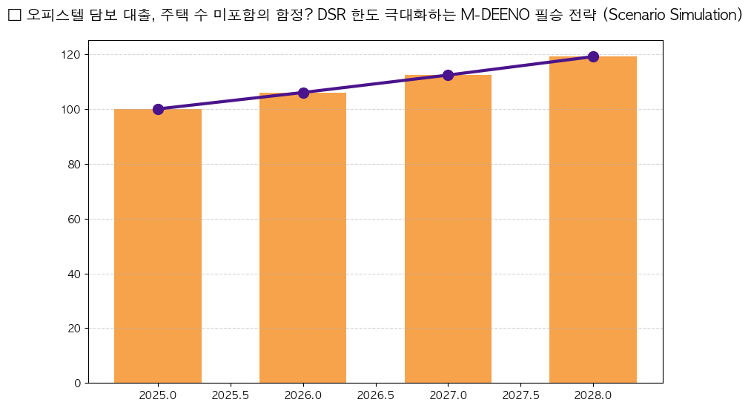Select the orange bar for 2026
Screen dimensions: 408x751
302,238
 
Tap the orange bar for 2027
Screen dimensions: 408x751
448,229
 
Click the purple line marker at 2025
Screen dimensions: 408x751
158,109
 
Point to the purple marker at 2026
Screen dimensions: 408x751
303,93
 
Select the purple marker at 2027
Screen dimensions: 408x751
448,75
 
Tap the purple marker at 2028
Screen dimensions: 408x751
593,56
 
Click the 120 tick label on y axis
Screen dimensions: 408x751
71,55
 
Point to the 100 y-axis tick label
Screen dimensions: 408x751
71,110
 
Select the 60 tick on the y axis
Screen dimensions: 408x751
74,220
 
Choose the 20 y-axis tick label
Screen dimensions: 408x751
74,329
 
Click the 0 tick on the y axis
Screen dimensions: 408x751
77,384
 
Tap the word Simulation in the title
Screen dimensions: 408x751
701,16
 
